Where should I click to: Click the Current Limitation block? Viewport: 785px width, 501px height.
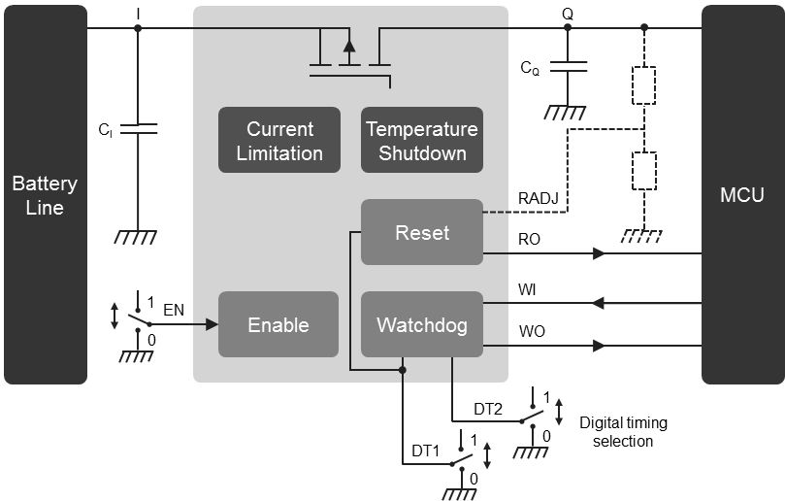pos(279,141)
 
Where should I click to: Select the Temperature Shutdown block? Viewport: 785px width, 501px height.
pos(422,141)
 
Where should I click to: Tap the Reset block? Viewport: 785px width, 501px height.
pos(422,233)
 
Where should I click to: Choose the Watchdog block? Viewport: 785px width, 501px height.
pos(422,324)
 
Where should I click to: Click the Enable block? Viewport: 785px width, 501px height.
pos(278,324)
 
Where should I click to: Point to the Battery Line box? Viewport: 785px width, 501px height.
pos(46,194)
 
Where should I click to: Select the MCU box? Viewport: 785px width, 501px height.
pos(742,194)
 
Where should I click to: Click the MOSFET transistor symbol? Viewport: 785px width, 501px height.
pos(349,53)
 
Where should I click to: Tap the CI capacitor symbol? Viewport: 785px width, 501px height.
pos(137,128)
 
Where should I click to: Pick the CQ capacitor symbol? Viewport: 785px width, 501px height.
pos(568,67)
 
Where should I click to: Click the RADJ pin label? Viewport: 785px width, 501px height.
pos(537,199)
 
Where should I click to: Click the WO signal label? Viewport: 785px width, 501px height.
pos(532,331)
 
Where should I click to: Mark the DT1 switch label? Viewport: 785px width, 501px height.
pos(427,451)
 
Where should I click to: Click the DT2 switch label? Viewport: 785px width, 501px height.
pos(488,410)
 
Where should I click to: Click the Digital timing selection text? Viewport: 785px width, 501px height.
pos(623,432)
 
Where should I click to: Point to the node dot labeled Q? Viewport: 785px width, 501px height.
pos(568,28)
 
